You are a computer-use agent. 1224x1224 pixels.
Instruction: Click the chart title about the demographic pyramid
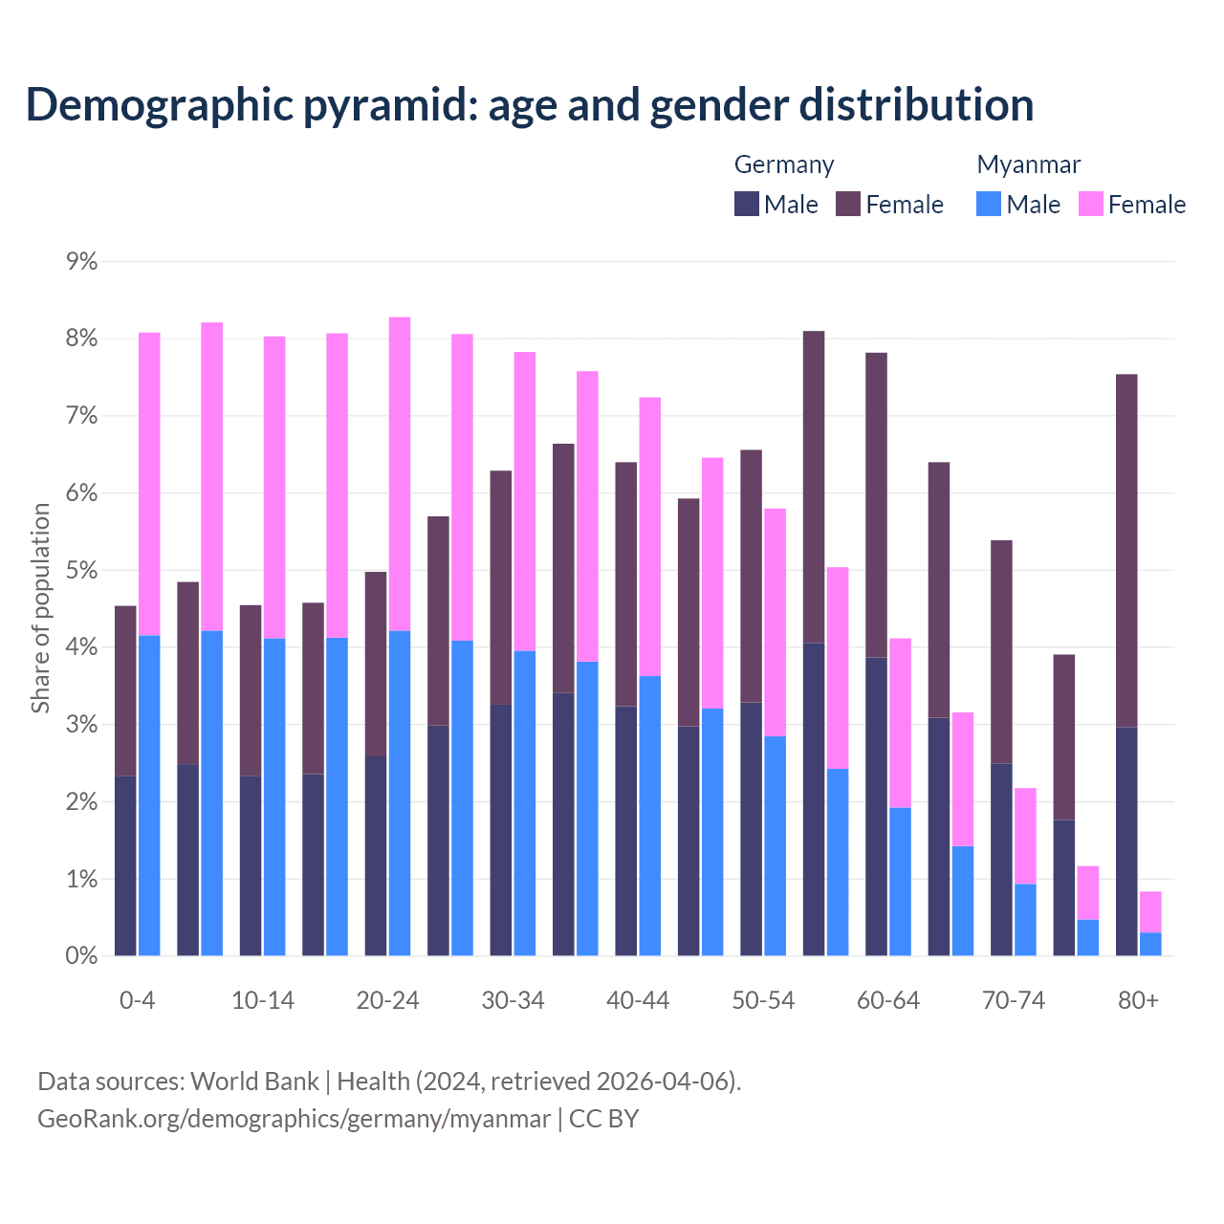pyautogui.click(x=530, y=105)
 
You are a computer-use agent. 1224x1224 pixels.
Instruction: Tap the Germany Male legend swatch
pyautogui.click(x=747, y=204)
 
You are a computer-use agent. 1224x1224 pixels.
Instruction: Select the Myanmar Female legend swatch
pyautogui.click(x=1091, y=204)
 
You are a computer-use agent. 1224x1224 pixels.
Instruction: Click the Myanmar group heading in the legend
pyautogui.click(x=1028, y=164)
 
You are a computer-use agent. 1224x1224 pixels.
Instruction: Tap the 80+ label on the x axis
pyautogui.click(x=1138, y=1000)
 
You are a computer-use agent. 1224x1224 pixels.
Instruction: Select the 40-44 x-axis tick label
pyautogui.click(x=638, y=1000)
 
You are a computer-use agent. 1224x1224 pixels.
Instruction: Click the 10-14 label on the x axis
pyautogui.click(x=263, y=1000)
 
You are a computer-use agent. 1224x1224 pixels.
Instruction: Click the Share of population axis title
pyautogui.click(x=41, y=608)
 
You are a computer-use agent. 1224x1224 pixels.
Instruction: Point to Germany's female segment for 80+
pyautogui.click(x=1126, y=550)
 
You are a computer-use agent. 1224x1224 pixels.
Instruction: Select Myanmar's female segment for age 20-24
pyautogui.click(x=400, y=473)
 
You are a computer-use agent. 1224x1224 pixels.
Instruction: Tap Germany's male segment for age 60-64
pyautogui.click(x=876, y=806)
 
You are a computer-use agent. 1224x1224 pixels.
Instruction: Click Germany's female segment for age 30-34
pyautogui.click(x=501, y=587)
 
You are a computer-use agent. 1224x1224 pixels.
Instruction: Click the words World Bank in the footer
pyautogui.click(x=254, y=1082)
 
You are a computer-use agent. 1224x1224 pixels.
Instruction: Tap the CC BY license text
pyautogui.click(x=603, y=1119)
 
